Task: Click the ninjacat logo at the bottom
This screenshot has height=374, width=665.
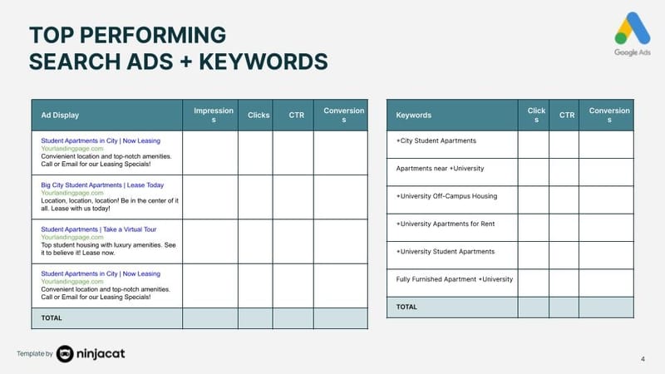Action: [x=91, y=354]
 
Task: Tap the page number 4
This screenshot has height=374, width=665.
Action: [x=643, y=359]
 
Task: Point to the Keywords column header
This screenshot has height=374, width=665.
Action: [x=414, y=115]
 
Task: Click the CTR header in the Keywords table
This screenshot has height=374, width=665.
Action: [x=567, y=115]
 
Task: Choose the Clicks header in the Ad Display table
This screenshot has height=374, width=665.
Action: [x=259, y=115]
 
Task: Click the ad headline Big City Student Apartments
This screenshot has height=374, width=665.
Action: [x=102, y=185]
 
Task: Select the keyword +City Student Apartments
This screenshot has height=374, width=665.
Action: [x=436, y=141]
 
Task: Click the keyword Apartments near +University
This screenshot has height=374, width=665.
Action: [x=440, y=169]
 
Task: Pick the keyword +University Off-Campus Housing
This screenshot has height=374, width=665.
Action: [x=446, y=196]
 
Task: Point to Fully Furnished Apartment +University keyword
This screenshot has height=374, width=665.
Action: [x=455, y=279]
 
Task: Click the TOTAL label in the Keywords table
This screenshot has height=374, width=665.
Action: [x=406, y=307]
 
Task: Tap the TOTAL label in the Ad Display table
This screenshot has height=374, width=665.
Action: [x=52, y=317]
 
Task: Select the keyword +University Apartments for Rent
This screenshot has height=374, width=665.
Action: [x=446, y=224]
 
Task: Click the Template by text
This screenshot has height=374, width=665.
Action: [x=35, y=355]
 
